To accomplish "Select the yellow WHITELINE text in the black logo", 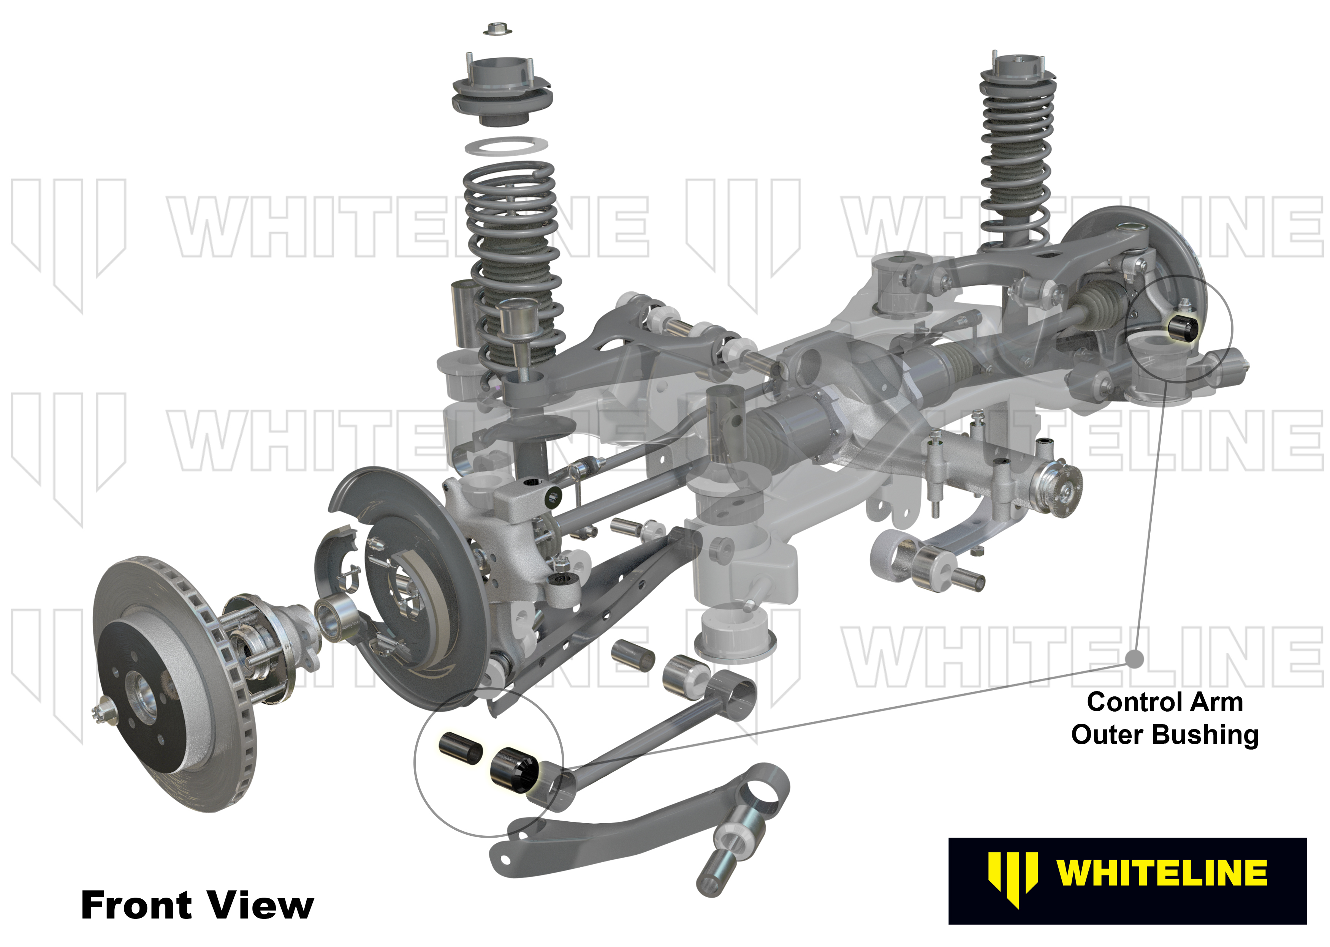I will (1161, 873).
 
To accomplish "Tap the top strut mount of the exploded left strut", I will (502, 93).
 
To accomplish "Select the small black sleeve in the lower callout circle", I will (460, 747).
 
